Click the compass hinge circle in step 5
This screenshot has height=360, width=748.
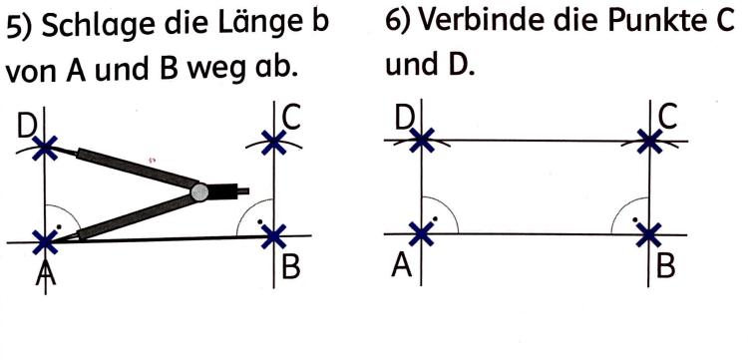coord(200,190)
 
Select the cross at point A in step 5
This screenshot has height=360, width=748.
coord(44,240)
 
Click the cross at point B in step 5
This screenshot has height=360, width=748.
coord(273,236)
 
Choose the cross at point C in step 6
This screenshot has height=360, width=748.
coord(650,141)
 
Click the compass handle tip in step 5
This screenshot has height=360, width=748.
coord(245,186)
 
